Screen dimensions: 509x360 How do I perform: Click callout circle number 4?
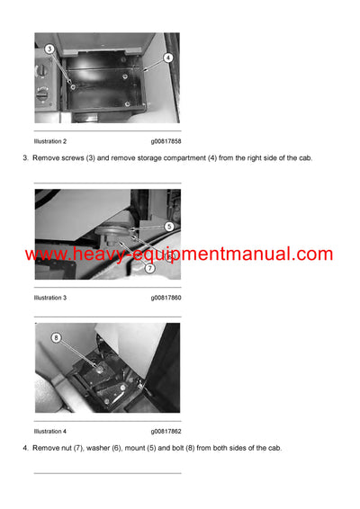167,58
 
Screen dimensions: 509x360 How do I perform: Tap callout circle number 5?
169,227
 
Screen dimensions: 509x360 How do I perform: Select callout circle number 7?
150,268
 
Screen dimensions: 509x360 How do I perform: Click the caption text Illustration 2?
50,141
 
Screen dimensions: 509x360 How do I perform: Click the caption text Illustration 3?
50,297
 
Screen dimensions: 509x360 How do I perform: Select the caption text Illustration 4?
50,431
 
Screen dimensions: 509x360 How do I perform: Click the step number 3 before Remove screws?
24,158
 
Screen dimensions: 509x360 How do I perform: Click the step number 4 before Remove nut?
24,448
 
